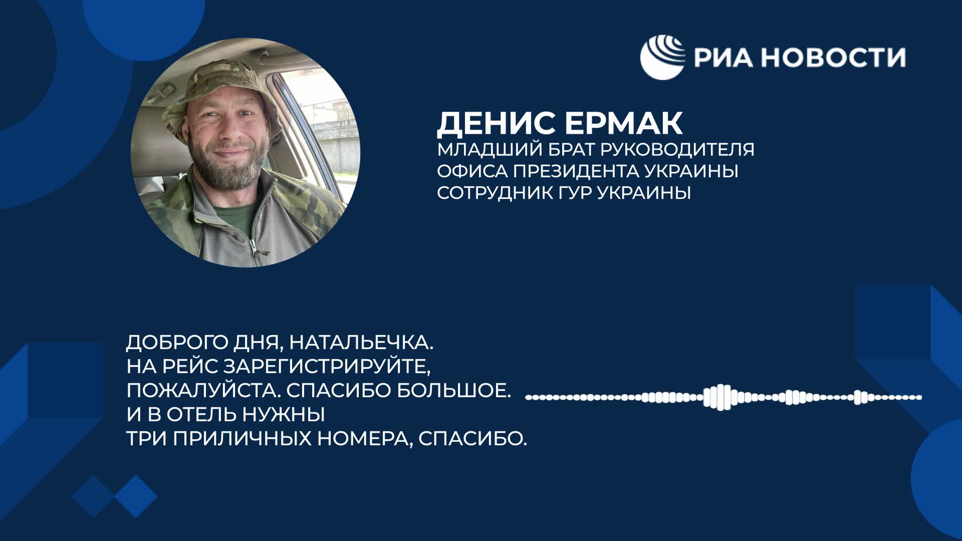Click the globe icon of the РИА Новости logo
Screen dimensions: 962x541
pos(663,57)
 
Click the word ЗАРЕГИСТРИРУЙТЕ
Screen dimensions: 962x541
pos(327,367)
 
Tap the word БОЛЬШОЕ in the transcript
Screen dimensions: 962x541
pos(454,391)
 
